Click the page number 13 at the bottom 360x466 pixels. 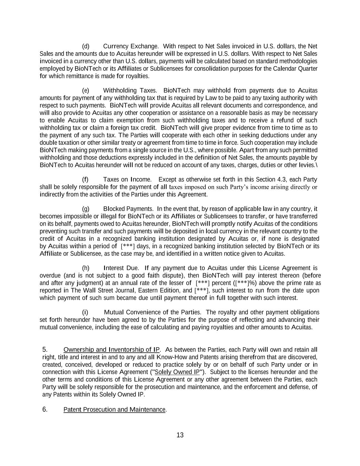click(x=180, y=435)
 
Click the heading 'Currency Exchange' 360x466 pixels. click(x=130, y=46)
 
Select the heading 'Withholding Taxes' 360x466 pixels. click(x=129, y=90)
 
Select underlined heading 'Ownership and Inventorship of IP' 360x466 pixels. click(x=111, y=350)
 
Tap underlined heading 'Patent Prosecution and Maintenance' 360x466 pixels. click(x=114, y=409)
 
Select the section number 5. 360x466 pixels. click(x=45, y=350)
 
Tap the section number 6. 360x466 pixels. click(x=45, y=409)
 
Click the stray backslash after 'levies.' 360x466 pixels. click(x=316, y=165)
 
